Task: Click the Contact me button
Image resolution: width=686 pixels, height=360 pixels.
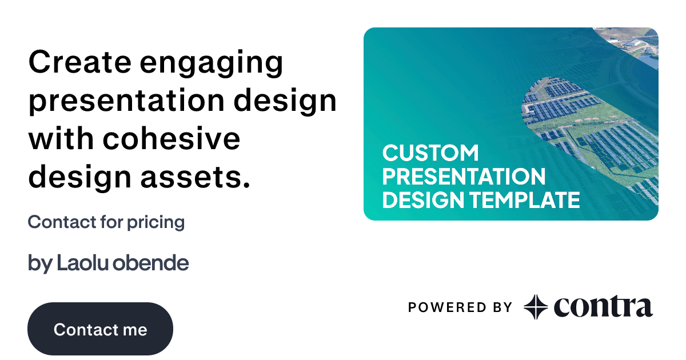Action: (100, 329)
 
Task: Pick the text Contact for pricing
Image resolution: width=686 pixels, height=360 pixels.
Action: (106, 222)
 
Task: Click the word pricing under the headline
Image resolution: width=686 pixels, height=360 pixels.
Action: (157, 223)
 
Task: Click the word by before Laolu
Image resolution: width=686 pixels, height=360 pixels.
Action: (39, 264)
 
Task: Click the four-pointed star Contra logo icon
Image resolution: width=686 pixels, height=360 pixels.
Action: (536, 307)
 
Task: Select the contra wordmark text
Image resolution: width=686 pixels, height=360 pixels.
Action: (603, 307)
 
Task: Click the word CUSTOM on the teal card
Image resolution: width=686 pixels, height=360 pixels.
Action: (430, 153)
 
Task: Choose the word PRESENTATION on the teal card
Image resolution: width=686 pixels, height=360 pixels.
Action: (464, 177)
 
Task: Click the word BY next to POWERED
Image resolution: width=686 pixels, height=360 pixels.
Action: (501, 307)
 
